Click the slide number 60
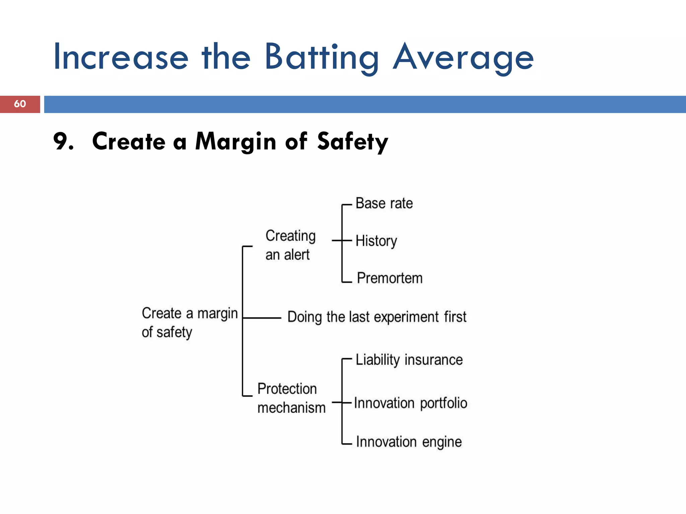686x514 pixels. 20,104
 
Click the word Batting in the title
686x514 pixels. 321,58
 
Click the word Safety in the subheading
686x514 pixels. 352,142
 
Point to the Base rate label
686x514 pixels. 384,203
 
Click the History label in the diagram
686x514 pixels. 376,241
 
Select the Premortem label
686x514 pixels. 390,278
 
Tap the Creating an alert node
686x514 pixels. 290,245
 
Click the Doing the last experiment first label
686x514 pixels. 376,317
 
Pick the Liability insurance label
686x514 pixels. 409,360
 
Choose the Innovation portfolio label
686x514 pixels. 410,403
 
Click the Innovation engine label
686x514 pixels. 409,442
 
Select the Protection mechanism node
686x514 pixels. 291,398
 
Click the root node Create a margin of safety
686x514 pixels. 189,323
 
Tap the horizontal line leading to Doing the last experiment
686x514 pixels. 262,318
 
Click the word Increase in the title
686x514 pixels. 121,58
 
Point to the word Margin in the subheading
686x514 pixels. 235,142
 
